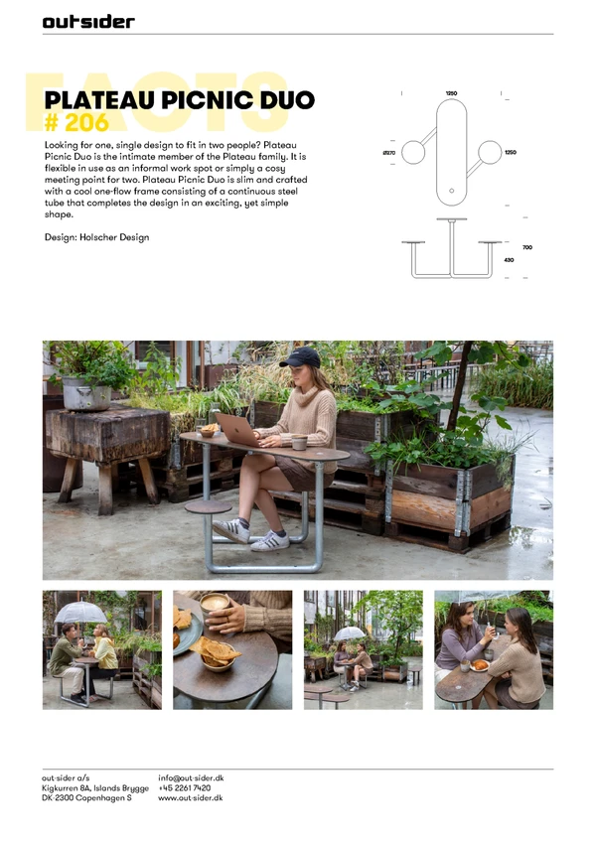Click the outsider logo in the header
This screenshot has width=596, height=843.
pos(88,22)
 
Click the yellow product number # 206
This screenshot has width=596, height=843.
pos(76,122)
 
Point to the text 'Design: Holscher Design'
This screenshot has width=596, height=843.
pos(96,237)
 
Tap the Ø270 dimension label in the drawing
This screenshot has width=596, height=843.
pos(389,153)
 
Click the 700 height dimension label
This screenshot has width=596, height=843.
pos(527,247)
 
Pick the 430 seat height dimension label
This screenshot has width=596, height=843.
pos(509,260)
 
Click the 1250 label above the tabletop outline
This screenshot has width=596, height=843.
pos(451,93)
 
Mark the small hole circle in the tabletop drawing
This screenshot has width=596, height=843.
pos(451,191)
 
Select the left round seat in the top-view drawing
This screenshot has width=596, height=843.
pos(413,152)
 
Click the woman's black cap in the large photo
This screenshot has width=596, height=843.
pos(300,357)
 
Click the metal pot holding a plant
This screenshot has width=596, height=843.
pos(86,393)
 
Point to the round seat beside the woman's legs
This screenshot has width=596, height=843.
pos(209,506)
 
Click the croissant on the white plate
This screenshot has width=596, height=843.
pos(480,665)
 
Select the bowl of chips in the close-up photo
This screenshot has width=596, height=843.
pos(218,653)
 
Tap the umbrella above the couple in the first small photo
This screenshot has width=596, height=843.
pos(80,613)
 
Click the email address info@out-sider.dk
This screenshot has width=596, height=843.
pos(191,777)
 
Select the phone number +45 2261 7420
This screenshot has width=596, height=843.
pos(185,788)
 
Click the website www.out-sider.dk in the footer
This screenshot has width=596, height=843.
pos(191,798)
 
